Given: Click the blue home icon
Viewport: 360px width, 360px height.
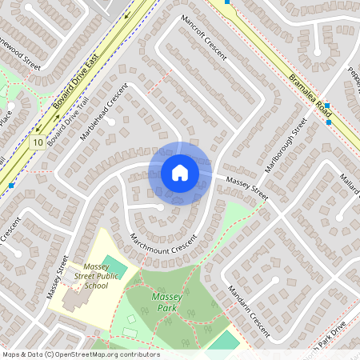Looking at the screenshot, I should (x=179, y=172).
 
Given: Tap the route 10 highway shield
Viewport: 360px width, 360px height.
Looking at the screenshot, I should (x=38, y=142).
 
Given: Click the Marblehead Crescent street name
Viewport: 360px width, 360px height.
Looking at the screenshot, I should (x=104, y=113).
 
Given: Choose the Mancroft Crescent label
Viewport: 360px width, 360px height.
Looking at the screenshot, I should (x=204, y=38).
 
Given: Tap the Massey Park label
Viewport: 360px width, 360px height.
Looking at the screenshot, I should (x=166, y=302).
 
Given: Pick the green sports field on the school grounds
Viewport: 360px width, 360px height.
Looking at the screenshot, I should (x=115, y=265).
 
